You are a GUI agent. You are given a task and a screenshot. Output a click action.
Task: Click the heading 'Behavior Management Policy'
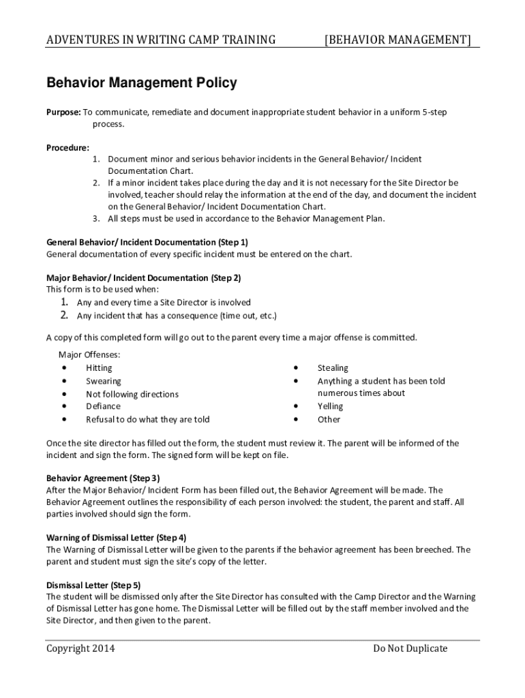pos(141,83)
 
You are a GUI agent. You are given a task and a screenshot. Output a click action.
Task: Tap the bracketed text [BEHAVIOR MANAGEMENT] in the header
pos(397,40)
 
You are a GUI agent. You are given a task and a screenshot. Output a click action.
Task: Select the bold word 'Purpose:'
pos(63,111)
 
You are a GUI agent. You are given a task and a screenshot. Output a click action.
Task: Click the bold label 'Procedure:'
pos(67,147)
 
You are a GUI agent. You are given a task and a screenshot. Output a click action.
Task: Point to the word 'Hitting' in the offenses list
pos(100,368)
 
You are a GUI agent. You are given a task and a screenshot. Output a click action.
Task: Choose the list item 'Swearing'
pos(103,381)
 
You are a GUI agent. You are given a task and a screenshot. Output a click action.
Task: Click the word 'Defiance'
pos(103,406)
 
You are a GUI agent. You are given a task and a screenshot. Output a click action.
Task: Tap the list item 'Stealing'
pos(333,368)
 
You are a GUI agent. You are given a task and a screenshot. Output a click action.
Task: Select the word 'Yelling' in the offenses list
pos(331,406)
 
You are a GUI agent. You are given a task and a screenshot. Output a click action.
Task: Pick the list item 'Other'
pos(329,419)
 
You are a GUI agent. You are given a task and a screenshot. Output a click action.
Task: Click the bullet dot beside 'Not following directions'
pos(64,394)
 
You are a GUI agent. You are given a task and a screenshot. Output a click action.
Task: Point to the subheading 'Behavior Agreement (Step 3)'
pos(103,478)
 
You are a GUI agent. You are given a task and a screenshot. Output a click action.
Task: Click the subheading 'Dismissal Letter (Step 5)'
pos(93,585)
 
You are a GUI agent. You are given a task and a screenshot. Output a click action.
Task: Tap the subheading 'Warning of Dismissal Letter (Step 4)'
pos(116,537)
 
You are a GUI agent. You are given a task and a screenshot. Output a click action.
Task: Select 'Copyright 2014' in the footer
pos(80,648)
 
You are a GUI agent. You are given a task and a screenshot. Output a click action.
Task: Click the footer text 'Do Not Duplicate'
pos(410,648)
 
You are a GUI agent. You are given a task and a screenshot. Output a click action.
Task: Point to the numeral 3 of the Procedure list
pos(96,219)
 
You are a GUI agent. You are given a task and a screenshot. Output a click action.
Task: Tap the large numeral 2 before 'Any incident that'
pos(63,315)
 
